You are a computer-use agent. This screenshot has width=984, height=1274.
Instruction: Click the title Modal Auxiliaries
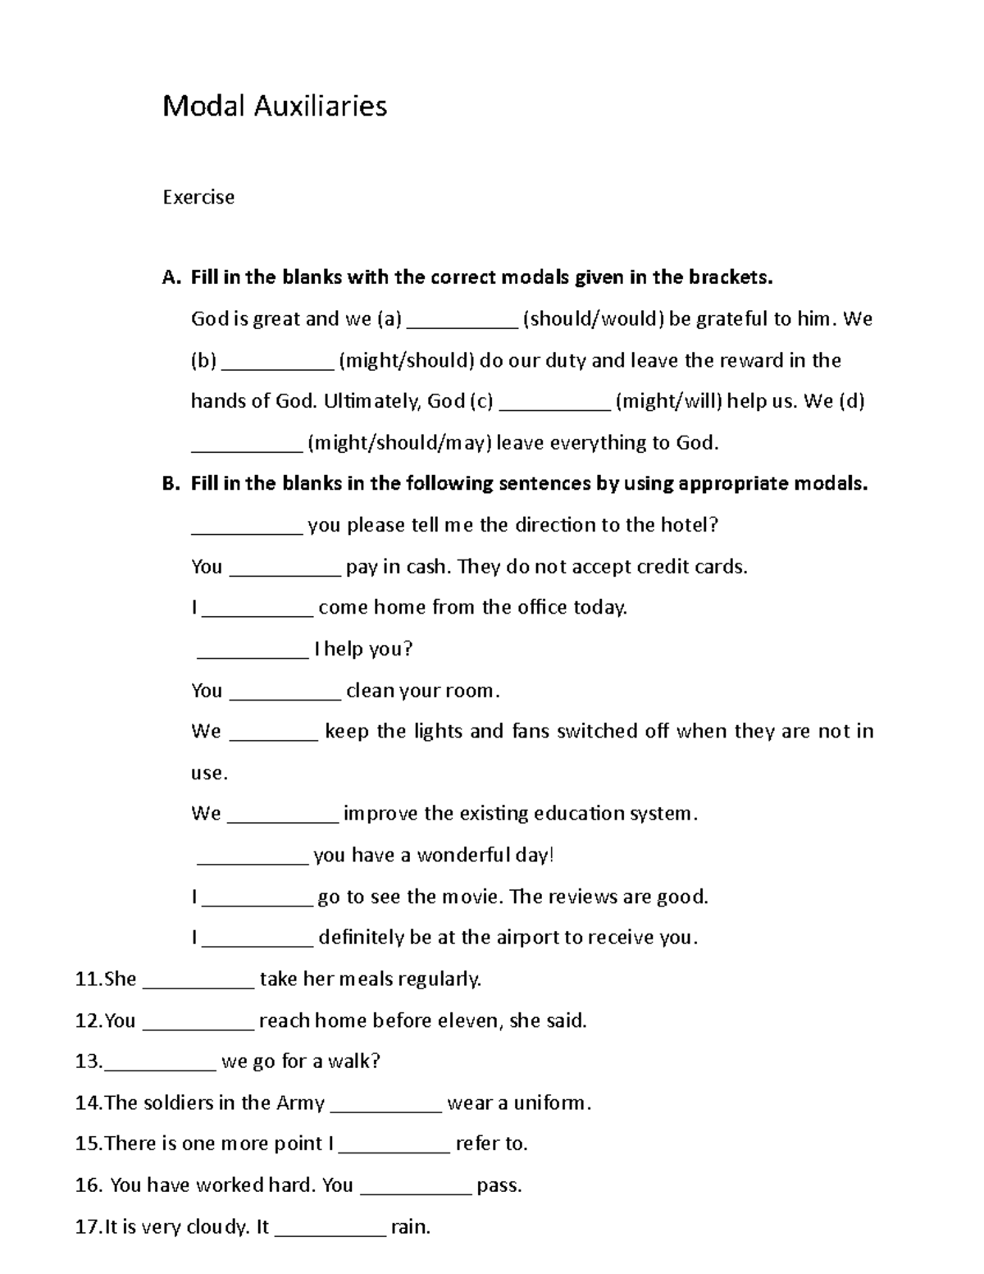275,106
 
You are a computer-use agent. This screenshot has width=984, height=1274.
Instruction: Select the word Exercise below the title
198,197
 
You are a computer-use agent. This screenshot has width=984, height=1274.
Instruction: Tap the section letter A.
169,277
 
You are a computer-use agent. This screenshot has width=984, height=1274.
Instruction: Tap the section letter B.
169,483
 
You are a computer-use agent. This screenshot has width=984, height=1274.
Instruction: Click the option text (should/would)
594,318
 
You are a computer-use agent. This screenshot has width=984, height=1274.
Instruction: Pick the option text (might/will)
668,401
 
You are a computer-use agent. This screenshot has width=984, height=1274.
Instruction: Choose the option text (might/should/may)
399,443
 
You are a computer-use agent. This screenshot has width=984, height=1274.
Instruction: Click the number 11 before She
86,979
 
